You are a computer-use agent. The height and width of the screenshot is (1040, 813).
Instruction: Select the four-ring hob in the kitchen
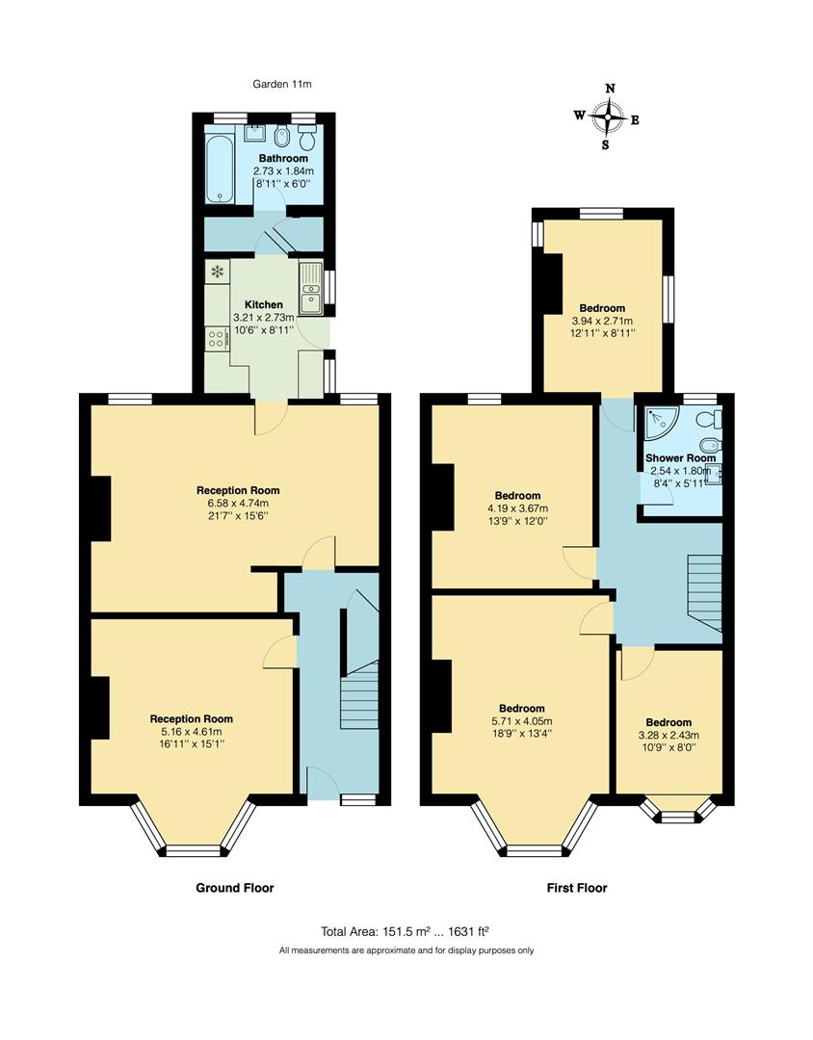click(216, 338)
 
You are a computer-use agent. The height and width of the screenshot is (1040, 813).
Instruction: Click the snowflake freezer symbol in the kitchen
click(216, 273)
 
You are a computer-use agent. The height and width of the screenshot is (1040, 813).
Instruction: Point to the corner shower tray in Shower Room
click(659, 420)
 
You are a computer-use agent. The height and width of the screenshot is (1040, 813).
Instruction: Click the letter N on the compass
click(609, 89)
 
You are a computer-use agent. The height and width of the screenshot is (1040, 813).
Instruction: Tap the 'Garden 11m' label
click(282, 85)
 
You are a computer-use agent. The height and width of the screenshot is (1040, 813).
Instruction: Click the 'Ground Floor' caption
click(235, 888)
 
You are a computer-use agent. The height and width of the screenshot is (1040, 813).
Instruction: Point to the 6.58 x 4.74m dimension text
click(238, 503)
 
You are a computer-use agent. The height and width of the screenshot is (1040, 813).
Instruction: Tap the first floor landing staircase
click(704, 589)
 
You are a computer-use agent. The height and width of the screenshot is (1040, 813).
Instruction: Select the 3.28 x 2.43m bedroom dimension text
click(669, 735)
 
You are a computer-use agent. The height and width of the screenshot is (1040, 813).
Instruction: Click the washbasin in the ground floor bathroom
click(256, 133)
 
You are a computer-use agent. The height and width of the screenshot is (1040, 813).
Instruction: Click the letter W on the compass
click(579, 116)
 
